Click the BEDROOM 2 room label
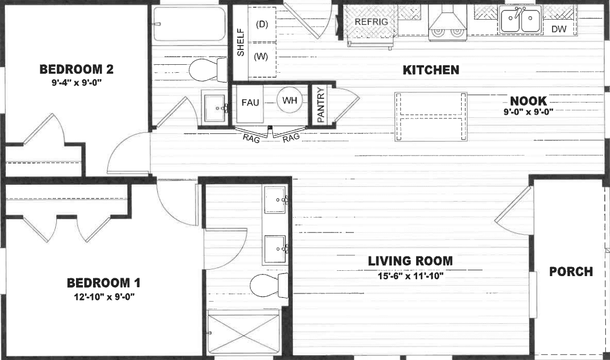77,69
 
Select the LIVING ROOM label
411,261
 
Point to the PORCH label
571,271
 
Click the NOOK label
528,101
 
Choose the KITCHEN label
430,70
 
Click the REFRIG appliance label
371,22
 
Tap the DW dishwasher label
558,29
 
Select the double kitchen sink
520,21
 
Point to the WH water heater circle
290,101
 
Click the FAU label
250,102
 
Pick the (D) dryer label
261,24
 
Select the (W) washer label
260,56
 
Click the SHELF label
240,42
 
